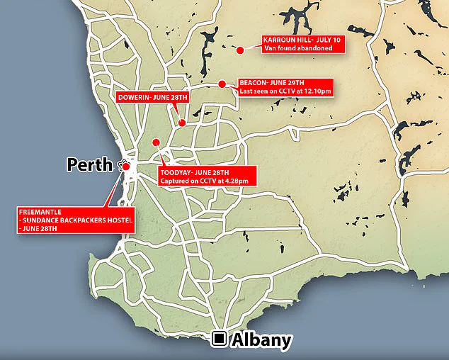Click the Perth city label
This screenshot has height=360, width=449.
click(89, 165)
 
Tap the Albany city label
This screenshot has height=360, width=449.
click(261, 340)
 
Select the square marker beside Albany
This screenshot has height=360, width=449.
click(220, 339)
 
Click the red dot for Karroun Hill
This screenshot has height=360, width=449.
click(241, 50)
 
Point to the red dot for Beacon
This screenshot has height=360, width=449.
click(222, 84)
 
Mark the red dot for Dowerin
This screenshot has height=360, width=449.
click(182, 123)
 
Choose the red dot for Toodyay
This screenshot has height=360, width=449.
click(156, 141)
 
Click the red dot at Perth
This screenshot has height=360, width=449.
click(126, 167)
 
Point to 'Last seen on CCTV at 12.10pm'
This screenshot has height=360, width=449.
click(285, 91)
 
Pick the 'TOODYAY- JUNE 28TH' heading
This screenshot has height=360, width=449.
click(195, 172)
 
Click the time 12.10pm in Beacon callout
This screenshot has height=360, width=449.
click(317, 91)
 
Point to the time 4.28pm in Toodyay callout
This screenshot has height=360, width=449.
click(237, 181)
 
